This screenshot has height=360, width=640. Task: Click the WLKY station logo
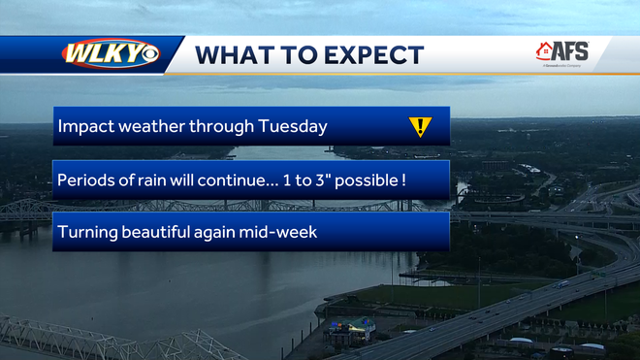tap(110, 53)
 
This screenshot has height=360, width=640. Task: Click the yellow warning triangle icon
tap(419, 126)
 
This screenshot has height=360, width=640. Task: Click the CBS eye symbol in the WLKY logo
tap(149, 54)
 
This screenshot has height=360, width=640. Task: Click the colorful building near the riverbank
tap(352, 326)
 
